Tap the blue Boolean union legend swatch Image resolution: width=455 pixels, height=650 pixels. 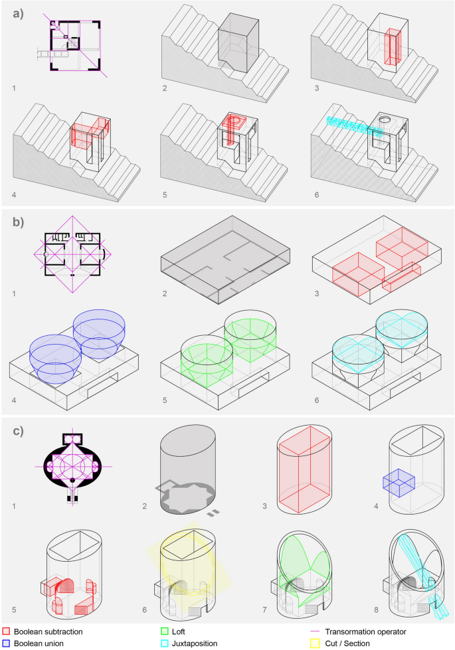click(x=6, y=642)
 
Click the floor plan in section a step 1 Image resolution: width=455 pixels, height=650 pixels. click(x=74, y=44)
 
